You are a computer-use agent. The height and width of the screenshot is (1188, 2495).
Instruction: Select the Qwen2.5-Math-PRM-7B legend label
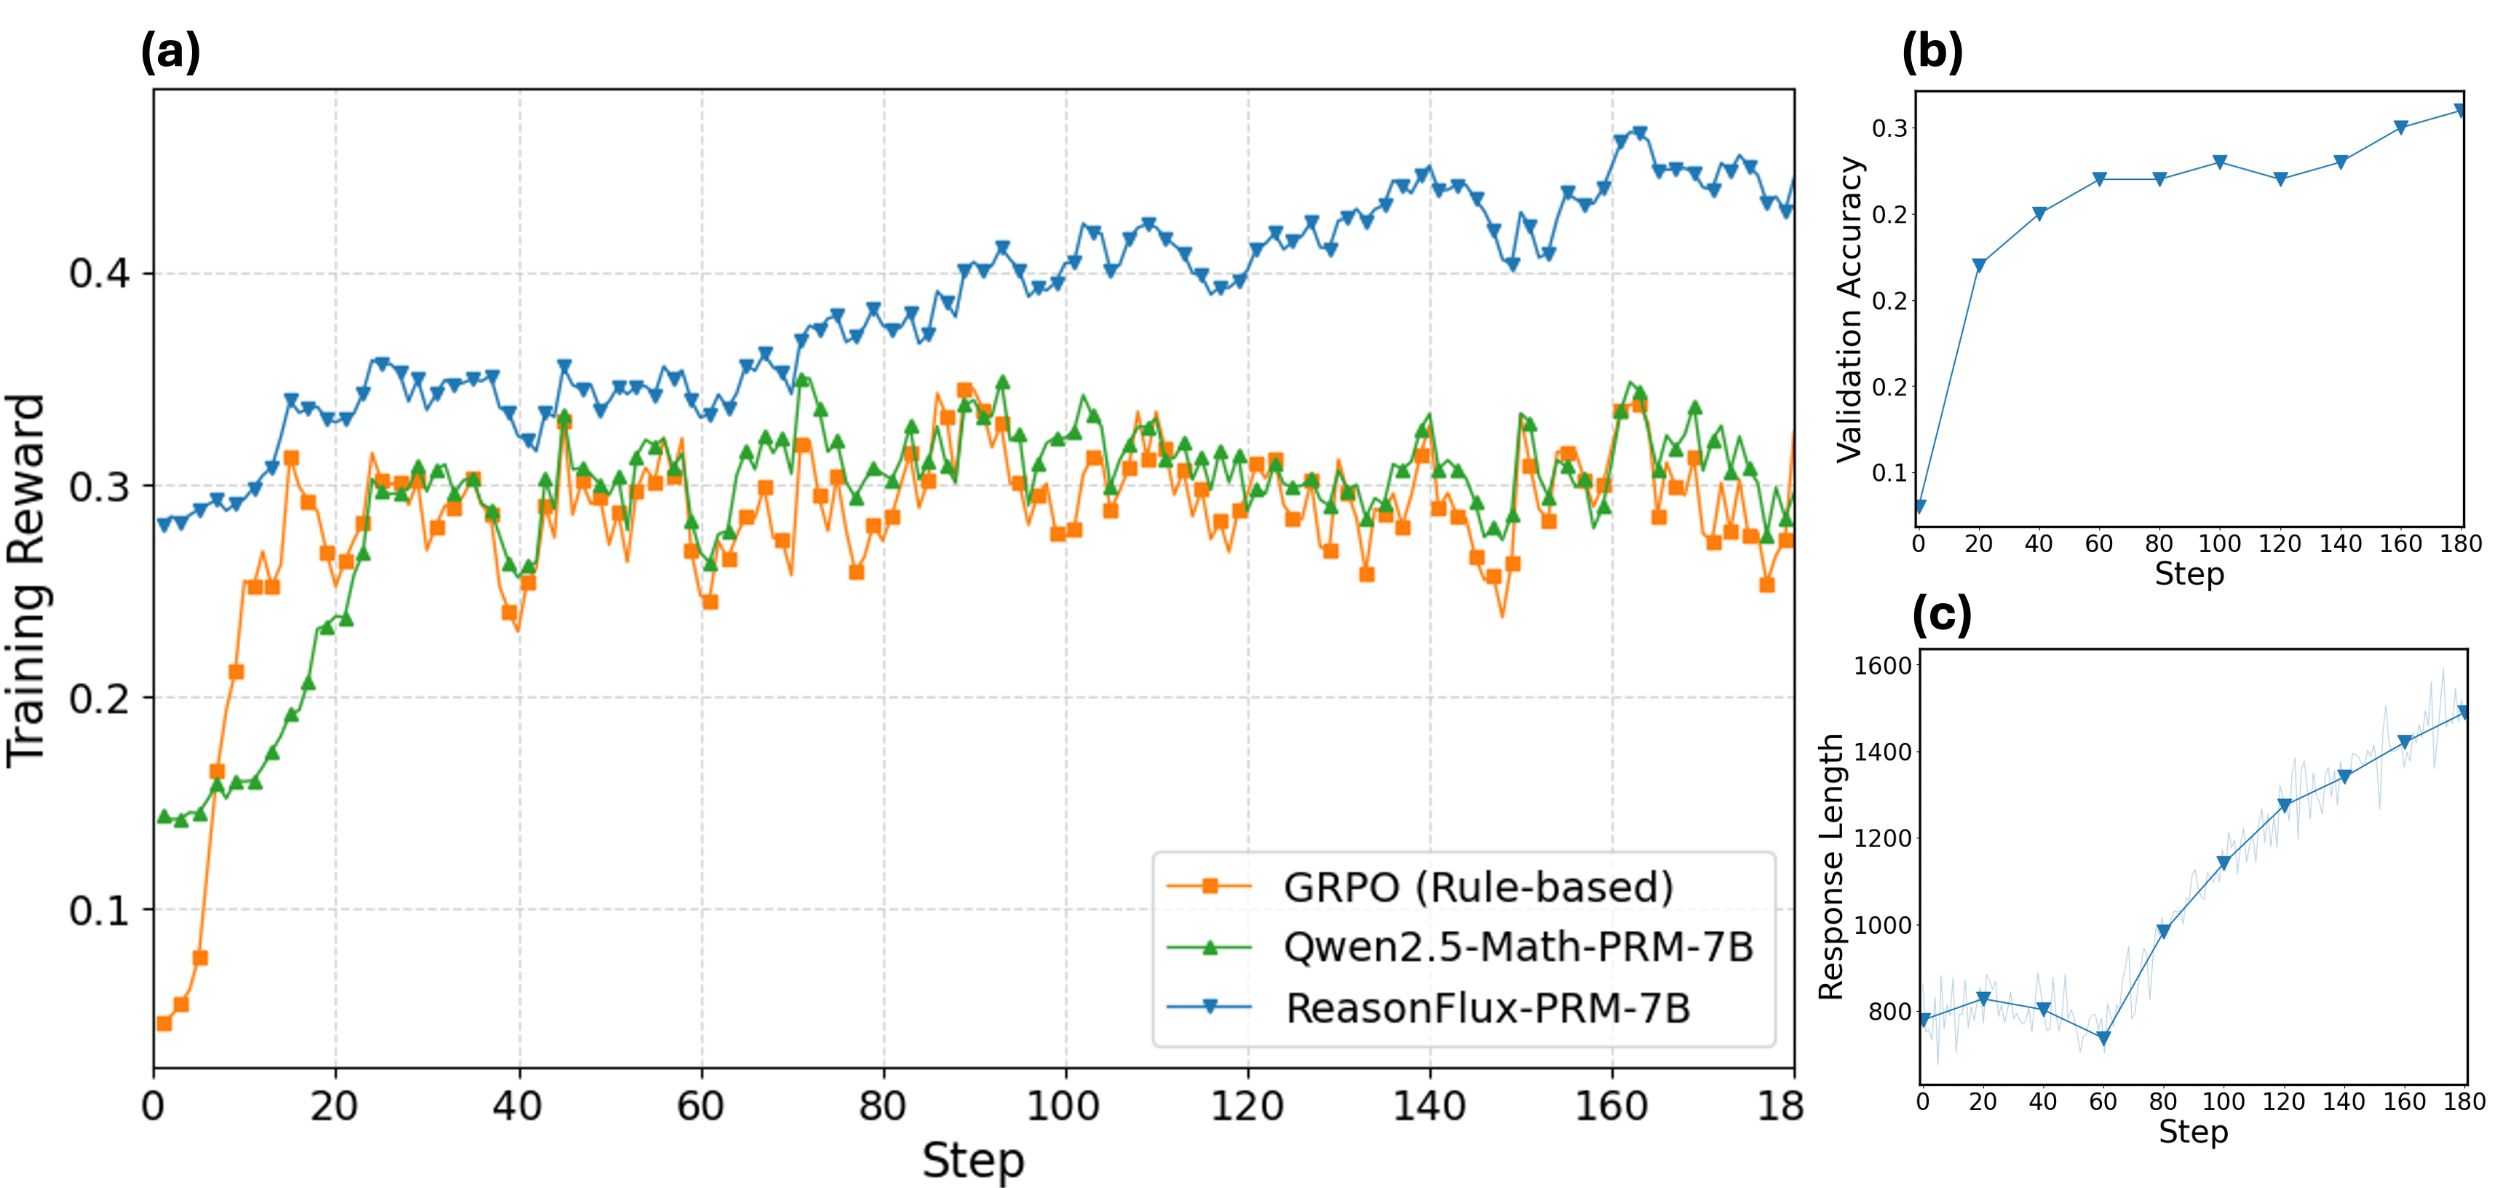pos(1518,947)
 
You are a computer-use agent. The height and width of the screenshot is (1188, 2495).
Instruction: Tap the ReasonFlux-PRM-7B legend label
pos(1487,1008)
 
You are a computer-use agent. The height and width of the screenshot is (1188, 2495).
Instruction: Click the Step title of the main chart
pos(972,1160)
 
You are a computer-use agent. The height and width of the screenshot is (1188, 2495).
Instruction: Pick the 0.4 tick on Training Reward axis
pos(99,273)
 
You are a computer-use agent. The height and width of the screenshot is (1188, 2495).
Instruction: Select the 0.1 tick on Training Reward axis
pos(99,910)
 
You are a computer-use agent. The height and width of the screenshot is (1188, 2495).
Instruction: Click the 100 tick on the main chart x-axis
pos(1064,1106)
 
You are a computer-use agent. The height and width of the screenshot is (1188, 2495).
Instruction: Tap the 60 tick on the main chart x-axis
pos(700,1106)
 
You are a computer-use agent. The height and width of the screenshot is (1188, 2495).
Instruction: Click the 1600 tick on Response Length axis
pos(1882,666)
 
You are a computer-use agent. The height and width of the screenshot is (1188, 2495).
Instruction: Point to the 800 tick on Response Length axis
pos(1889,1012)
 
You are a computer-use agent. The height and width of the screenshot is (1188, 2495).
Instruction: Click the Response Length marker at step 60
pos(2103,1039)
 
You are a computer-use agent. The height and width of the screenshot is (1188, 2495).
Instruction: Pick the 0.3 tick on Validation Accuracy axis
pos(1889,128)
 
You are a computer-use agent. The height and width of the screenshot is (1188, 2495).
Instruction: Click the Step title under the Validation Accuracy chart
pos(2189,574)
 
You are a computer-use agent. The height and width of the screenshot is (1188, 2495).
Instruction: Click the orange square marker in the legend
pos(1209,886)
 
